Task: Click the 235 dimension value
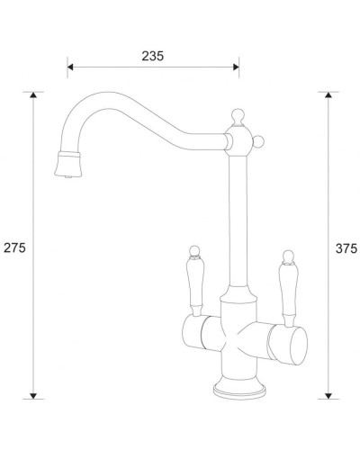point(153,56)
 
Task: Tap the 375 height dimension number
point(346,247)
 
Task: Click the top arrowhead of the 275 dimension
point(34,94)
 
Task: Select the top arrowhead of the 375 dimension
point(328,94)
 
